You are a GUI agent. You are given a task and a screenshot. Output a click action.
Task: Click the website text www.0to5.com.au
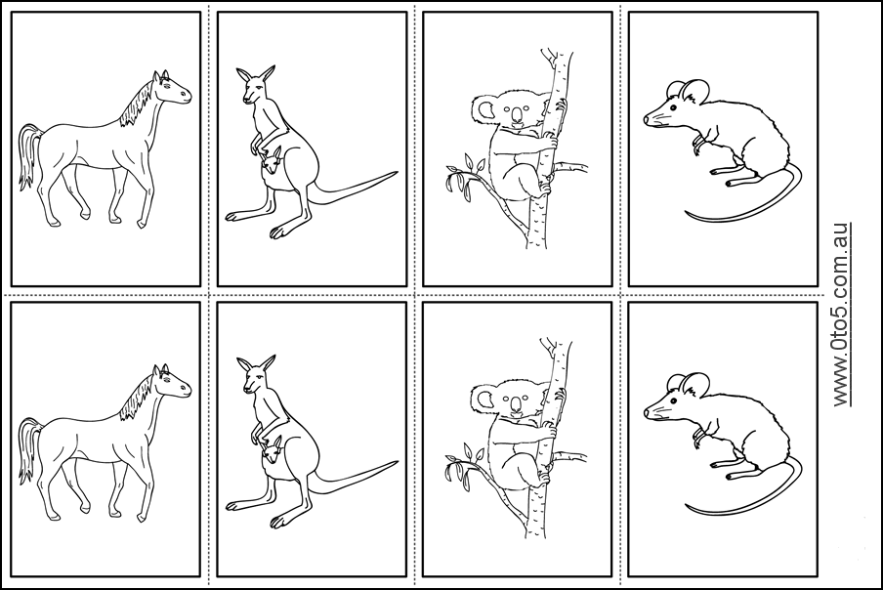coord(841,313)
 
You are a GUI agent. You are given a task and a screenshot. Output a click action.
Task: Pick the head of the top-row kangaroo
coord(255,91)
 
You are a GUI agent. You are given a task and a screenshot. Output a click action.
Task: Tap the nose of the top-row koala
coord(515,119)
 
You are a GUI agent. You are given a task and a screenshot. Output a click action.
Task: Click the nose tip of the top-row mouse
coord(646,120)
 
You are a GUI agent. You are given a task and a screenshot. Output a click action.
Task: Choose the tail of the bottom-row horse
coord(26,444)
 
